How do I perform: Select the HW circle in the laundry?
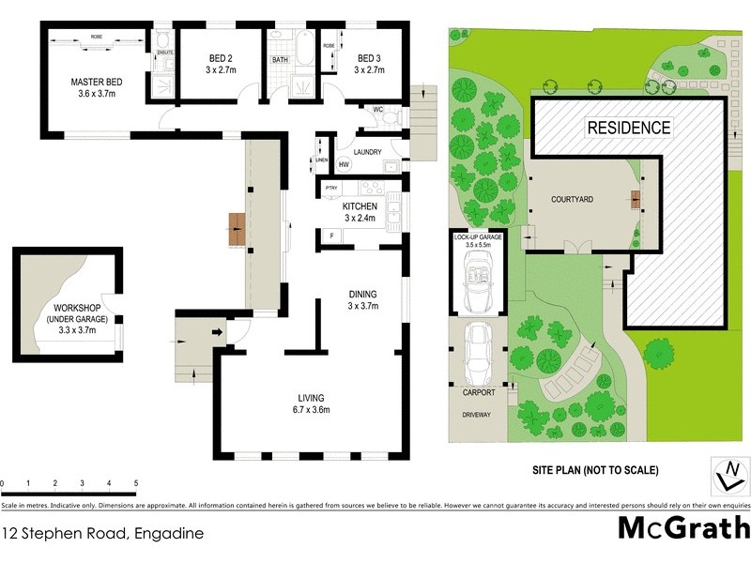[344, 165]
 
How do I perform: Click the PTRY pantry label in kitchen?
[330, 190]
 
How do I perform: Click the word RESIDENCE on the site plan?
[628, 129]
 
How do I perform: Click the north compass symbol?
[726, 475]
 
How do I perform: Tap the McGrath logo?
[682, 526]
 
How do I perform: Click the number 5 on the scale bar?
[137, 484]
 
